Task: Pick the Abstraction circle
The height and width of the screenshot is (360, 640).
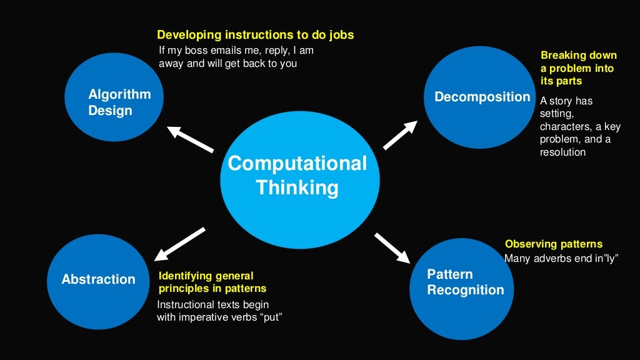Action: pyautogui.click(x=96, y=279)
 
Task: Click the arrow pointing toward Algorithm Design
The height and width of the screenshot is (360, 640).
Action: pyautogui.click(x=191, y=140)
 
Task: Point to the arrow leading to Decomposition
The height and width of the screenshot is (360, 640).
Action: pyautogui.click(x=400, y=135)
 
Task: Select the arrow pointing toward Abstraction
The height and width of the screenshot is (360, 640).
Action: pyautogui.click(x=180, y=244)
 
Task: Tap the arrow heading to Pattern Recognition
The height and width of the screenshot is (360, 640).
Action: pyautogui.click(x=392, y=247)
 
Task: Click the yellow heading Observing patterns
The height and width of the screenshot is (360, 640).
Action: pyautogui.click(x=554, y=244)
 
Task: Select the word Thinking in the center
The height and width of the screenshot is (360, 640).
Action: pyautogui.click(x=297, y=187)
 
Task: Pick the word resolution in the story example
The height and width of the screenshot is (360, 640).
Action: pyautogui.click(x=562, y=152)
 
